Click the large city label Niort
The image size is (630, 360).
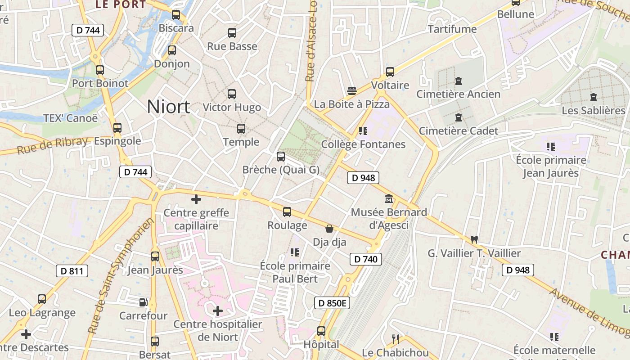(x=168, y=107)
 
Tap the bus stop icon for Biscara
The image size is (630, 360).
(x=176, y=15)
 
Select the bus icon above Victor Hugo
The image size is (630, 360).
(x=232, y=94)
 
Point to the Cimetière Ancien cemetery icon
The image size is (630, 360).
(x=458, y=81)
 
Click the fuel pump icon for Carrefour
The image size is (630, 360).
(x=143, y=302)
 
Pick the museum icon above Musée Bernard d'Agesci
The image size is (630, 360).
(x=389, y=198)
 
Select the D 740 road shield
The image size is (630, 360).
(x=366, y=259)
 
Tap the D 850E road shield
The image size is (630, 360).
(x=332, y=303)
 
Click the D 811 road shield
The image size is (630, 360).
(x=72, y=271)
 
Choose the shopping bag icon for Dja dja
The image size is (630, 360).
(x=329, y=229)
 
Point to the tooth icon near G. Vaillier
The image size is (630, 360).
(x=474, y=239)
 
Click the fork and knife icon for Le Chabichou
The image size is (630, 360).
(x=396, y=339)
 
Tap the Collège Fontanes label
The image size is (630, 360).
(x=363, y=144)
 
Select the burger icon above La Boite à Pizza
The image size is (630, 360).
(x=352, y=91)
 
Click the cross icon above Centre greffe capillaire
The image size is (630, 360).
(x=196, y=199)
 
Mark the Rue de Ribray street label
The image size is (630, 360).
(x=52, y=145)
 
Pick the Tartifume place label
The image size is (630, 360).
(x=452, y=29)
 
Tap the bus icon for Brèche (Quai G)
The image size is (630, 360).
(x=281, y=157)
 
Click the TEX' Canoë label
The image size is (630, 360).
(x=70, y=118)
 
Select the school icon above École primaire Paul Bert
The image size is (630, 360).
(x=295, y=252)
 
